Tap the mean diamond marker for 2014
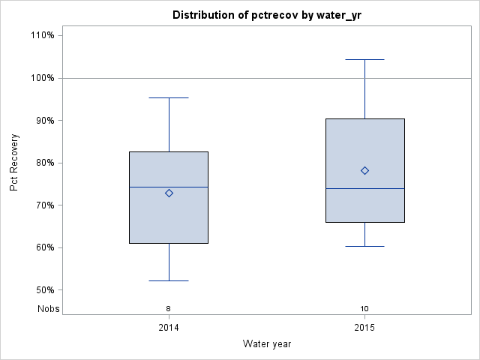169,193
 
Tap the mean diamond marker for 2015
364,170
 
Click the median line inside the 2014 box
169,187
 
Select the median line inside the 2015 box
364,189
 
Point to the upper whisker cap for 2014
169,97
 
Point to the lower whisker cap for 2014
169,280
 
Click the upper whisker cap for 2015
364,59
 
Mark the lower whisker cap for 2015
364,246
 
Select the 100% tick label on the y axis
41,78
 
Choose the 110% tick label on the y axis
41,35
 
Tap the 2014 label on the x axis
169,328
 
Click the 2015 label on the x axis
364,328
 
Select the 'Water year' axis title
267,344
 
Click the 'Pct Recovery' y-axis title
14,163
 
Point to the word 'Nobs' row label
48,308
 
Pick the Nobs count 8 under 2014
169,308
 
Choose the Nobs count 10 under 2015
364,308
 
